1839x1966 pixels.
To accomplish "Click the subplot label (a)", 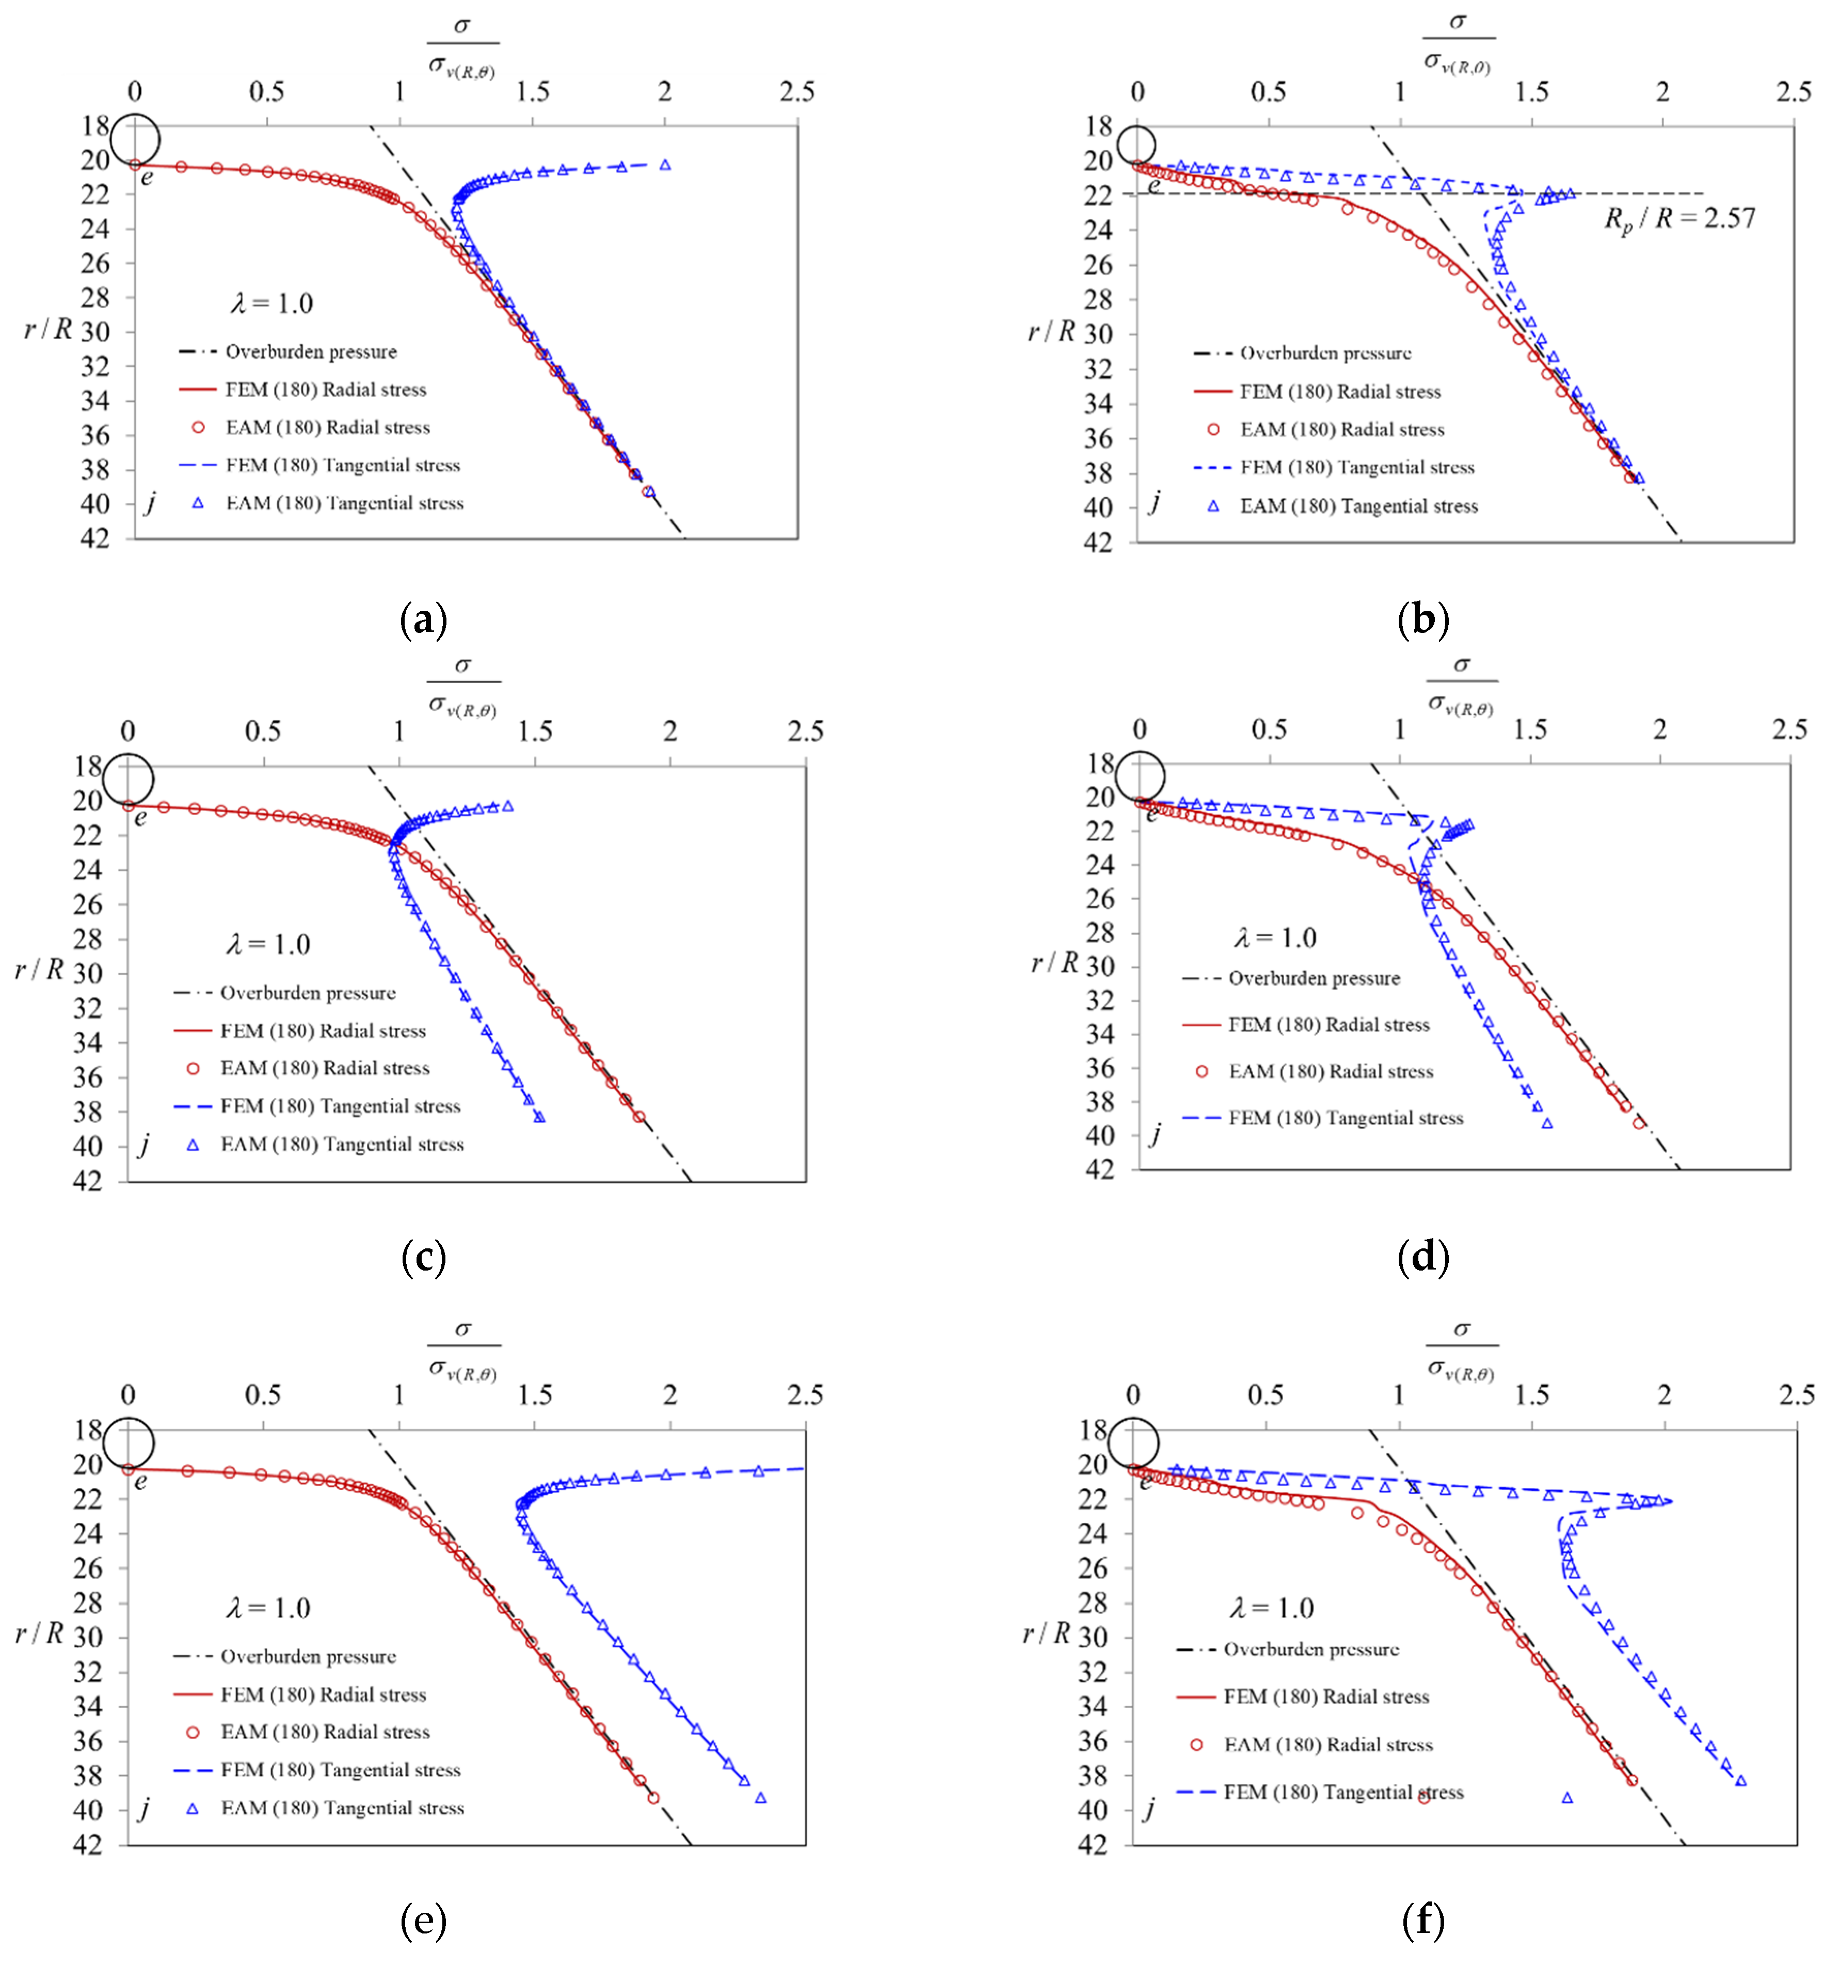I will pyautogui.click(x=423, y=620).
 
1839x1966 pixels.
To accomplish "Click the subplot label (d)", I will pyautogui.click(x=1423, y=1257).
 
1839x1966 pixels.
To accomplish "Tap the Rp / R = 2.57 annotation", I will pyautogui.click(x=1679, y=218).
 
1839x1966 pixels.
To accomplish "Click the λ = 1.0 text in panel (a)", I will pyautogui.click(x=272, y=304).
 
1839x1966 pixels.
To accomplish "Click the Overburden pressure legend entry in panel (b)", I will pyautogui.click(x=1325, y=353).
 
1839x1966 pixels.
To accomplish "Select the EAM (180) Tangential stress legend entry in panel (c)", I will pyautogui.click(x=341, y=1144).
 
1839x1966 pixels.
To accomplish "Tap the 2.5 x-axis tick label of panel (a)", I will pyautogui.click(x=797, y=92).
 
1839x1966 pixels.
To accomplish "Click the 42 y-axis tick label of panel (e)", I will pyautogui.click(x=88, y=1844).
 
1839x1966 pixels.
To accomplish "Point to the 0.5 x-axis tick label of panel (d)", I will pyautogui.click(x=1270, y=730).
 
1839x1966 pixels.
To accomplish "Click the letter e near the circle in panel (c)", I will pyautogui.click(x=140, y=818).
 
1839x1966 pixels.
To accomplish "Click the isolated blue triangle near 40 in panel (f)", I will pyautogui.click(x=1567, y=1798).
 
